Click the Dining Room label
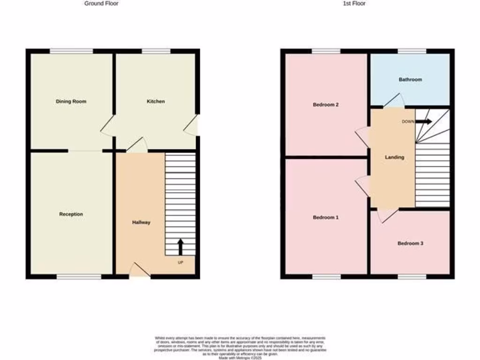71,101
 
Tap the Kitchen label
156,101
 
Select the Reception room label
71,214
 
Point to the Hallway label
141,222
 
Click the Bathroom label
410,80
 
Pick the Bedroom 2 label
326,105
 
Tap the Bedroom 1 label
326,217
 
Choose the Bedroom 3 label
410,243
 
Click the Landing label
394,157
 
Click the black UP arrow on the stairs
180,246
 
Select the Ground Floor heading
101,3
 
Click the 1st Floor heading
353,3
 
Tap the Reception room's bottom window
79,277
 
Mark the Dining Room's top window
71,51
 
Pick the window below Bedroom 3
412,277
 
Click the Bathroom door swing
394,101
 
